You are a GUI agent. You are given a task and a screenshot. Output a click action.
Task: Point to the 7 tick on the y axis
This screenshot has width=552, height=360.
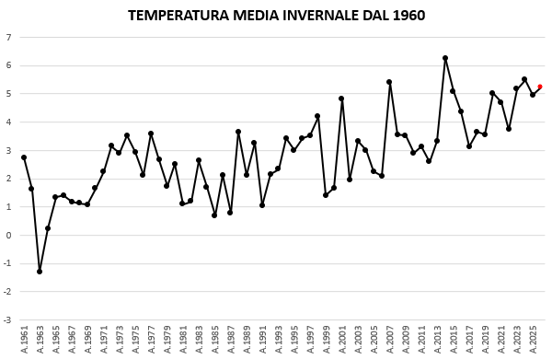tap(8, 38)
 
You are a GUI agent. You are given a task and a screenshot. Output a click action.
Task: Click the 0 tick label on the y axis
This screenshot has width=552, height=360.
tap(8, 236)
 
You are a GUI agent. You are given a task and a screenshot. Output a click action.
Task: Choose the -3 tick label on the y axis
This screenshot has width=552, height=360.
tap(7, 320)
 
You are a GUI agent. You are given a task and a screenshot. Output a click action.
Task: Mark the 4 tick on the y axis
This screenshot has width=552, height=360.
tap(8, 122)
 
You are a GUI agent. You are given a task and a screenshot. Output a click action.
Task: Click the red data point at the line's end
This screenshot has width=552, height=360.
tap(540, 87)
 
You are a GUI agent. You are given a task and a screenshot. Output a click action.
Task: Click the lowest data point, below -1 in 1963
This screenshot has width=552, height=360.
tap(40, 272)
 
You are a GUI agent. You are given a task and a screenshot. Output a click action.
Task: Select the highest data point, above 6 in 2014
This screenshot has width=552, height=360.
tap(445, 58)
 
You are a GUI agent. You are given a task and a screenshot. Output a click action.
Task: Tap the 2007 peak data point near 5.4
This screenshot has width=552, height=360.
tap(389, 82)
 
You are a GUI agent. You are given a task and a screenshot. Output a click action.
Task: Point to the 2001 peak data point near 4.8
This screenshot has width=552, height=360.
tap(341, 99)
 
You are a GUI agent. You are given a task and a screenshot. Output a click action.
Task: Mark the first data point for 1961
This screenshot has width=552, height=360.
tap(24, 157)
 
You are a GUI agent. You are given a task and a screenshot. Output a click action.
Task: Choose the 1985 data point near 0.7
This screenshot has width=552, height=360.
tap(214, 215)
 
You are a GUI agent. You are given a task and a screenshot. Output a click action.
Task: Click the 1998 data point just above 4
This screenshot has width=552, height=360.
tap(317, 116)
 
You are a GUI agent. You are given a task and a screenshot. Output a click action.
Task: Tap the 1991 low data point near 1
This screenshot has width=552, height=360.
tap(262, 205)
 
